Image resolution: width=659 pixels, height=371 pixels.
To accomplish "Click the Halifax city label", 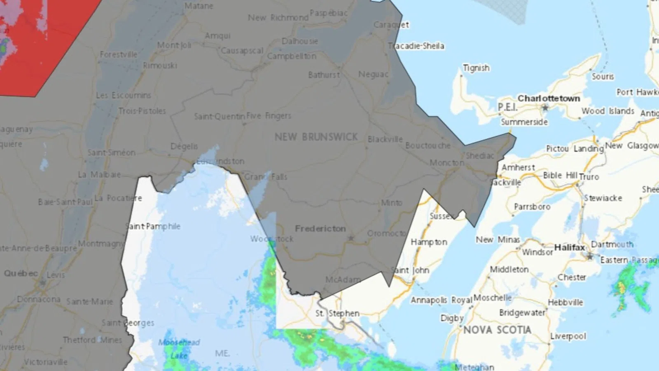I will coord(570,247).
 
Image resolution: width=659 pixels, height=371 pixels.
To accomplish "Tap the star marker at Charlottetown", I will coord(545,108).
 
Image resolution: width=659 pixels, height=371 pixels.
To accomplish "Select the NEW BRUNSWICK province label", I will coord(316,137).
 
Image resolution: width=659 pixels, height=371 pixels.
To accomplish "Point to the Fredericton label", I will coord(320,228).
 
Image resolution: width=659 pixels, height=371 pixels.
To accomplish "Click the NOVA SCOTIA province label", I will coord(497,330).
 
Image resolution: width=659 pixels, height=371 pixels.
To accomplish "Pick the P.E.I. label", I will coord(507,107).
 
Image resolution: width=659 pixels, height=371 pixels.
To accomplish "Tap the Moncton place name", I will coord(447,163).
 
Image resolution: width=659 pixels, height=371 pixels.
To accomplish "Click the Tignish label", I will coord(476,68).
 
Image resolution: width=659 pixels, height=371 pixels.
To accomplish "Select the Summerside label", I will coord(524,122).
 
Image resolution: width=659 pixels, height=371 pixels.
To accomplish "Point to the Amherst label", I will coord(518,167).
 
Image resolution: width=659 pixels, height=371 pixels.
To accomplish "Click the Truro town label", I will coord(589,177).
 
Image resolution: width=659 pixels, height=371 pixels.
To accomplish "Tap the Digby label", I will coord(452,318).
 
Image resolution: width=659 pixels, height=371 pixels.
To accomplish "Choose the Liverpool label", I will coord(568,336).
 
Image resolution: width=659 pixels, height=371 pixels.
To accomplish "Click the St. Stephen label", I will coord(337,313).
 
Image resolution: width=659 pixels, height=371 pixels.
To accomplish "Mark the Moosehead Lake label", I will coord(179,349).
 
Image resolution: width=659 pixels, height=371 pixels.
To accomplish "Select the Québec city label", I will coord(21,273).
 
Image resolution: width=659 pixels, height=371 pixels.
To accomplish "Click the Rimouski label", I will coord(160,66).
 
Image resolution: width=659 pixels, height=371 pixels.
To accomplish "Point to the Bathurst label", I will coord(324,75).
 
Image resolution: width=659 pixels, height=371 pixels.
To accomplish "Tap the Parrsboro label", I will coord(532,207).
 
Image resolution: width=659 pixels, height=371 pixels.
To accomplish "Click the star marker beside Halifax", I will coord(590,257).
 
